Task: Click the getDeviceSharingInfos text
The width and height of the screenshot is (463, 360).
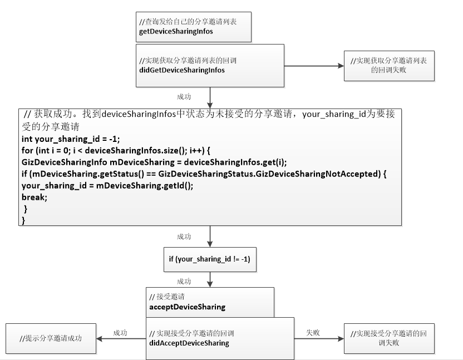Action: pyautogui.click(x=176, y=31)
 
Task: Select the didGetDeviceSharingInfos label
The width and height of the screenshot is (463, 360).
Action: pyautogui.click(x=181, y=70)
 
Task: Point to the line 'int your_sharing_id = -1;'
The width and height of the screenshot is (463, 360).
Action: pyautogui.click(x=71, y=139)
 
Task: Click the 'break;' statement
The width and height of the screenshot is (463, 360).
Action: pyautogui.click(x=35, y=197)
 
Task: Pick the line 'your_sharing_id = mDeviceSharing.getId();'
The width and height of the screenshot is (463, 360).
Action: pyautogui.click(x=107, y=186)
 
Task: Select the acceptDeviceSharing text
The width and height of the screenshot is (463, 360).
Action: pyautogui.click(x=187, y=307)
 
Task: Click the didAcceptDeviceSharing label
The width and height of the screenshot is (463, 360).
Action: pyautogui.click(x=189, y=343)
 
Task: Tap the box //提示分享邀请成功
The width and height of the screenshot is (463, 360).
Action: pyautogui.click(x=51, y=338)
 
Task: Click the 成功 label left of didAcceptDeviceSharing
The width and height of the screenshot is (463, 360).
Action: pyautogui.click(x=120, y=333)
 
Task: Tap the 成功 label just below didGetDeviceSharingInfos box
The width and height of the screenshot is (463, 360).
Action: pyautogui.click(x=184, y=96)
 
